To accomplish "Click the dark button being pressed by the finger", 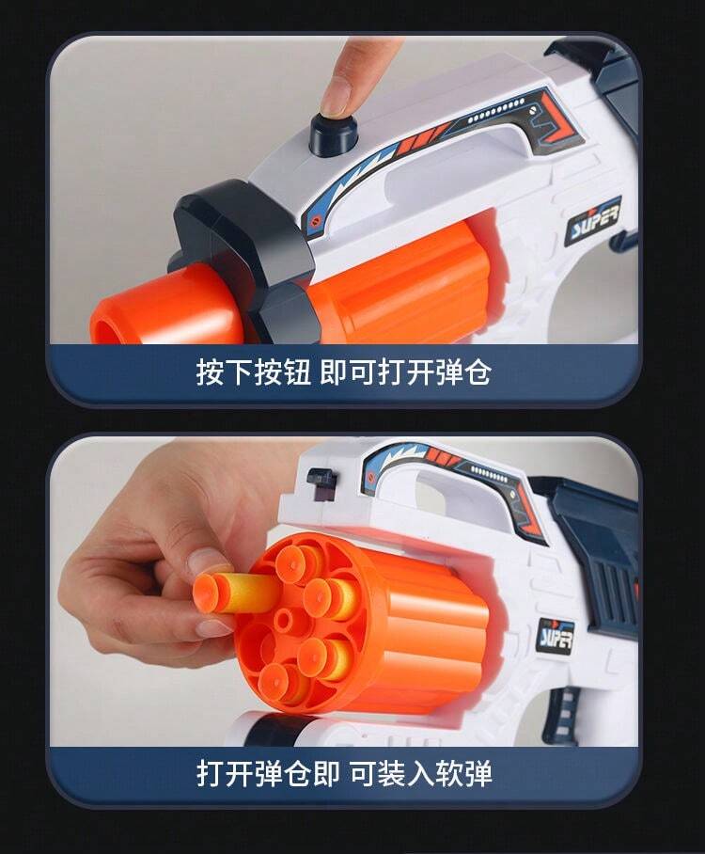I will point(334,137).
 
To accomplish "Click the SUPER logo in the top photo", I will point(593,222).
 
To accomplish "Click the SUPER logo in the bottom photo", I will point(556,636).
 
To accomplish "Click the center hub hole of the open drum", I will point(284,620).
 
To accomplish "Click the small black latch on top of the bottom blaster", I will point(321,478).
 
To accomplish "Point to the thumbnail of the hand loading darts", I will point(210,562).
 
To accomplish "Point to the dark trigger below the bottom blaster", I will point(563,714).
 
